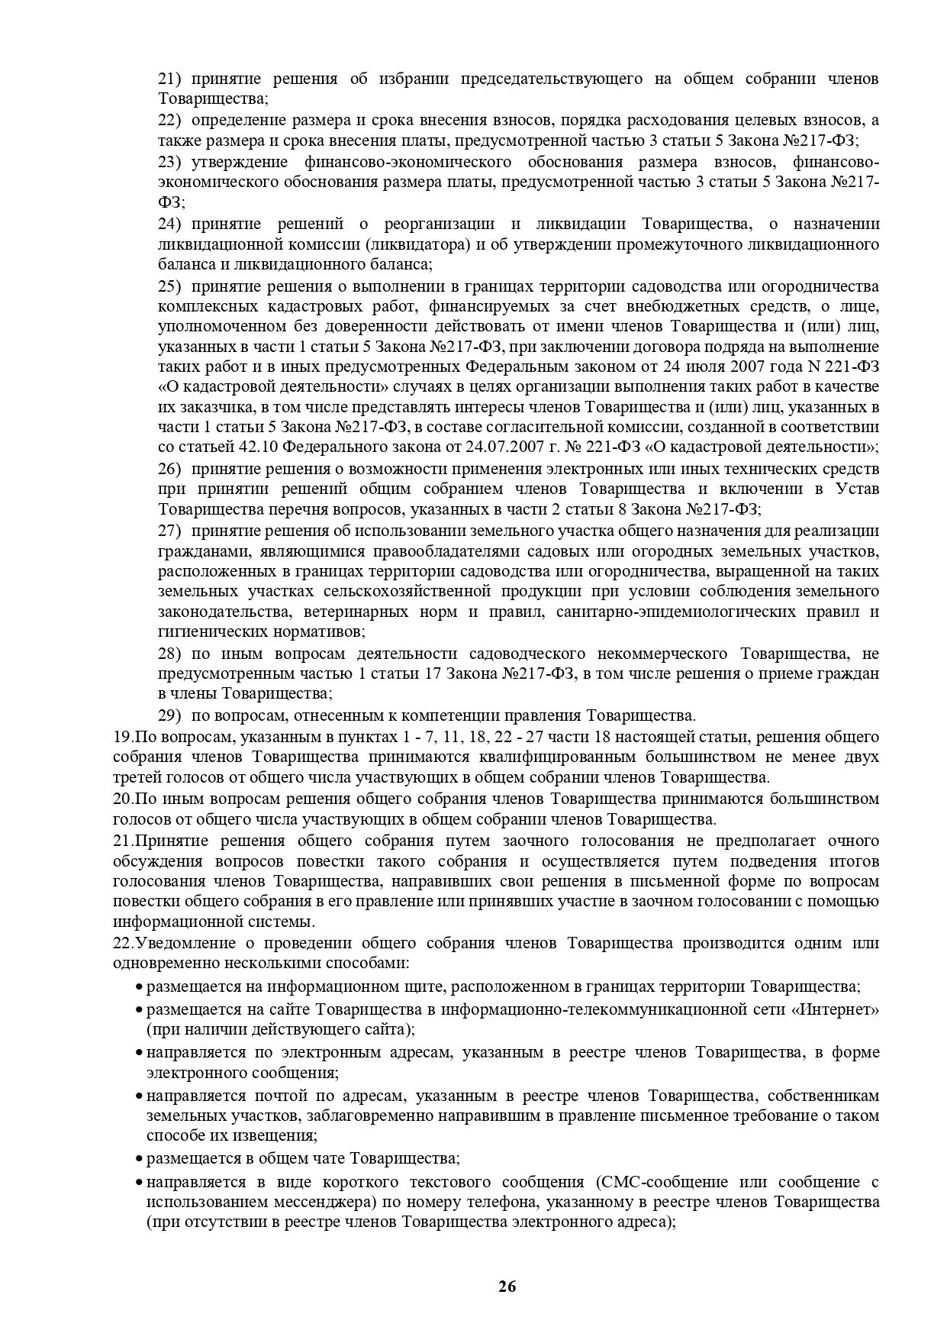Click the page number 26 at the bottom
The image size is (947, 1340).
click(507, 1287)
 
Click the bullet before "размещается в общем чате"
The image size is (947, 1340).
click(138, 1159)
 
